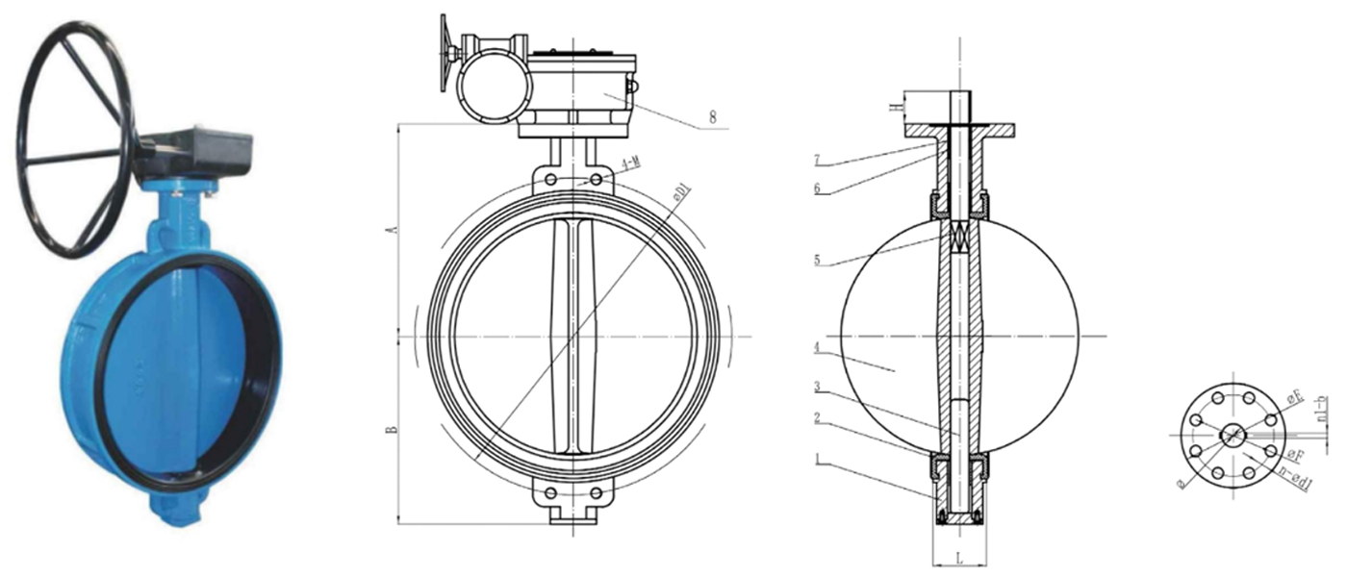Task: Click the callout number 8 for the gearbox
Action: coord(713,116)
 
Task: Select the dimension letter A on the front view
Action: coord(391,230)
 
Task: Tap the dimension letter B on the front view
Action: coord(391,429)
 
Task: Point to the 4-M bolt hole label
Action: coord(631,164)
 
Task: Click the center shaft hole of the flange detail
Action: coord(1231,436)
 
